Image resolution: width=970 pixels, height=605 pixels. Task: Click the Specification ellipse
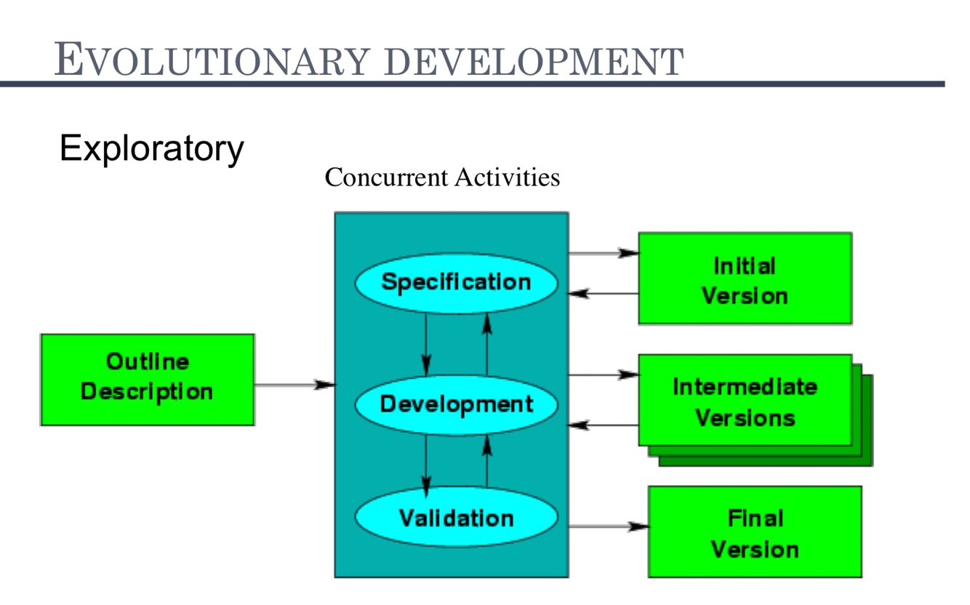tap(456, 283)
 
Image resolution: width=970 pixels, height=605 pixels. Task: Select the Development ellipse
tap(456, 404)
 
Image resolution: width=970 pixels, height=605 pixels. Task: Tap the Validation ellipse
tap(456, 518)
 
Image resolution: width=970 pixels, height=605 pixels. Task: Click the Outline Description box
tap(147, 379)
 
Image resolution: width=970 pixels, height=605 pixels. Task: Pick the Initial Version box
tap(745, 279)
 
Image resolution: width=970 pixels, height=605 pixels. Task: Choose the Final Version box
tap(755, 532)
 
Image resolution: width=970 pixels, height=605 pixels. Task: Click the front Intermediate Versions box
tap(745, 400)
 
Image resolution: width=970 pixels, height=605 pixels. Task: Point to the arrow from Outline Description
tap(294, 384)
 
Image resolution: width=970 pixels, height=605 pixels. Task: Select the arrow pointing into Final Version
tap(608, 526)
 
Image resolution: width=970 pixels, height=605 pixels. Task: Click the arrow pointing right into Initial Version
tap(603, 253)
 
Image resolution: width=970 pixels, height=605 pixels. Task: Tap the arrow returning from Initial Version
tap(603, 294)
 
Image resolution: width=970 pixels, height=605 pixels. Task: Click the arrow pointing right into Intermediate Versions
tap(603, 374)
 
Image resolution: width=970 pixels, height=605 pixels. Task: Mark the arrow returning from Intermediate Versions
tap(603, 425)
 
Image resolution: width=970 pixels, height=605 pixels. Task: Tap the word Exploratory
tap(151, 148)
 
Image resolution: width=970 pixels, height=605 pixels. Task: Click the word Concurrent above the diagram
tap(388, 177)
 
